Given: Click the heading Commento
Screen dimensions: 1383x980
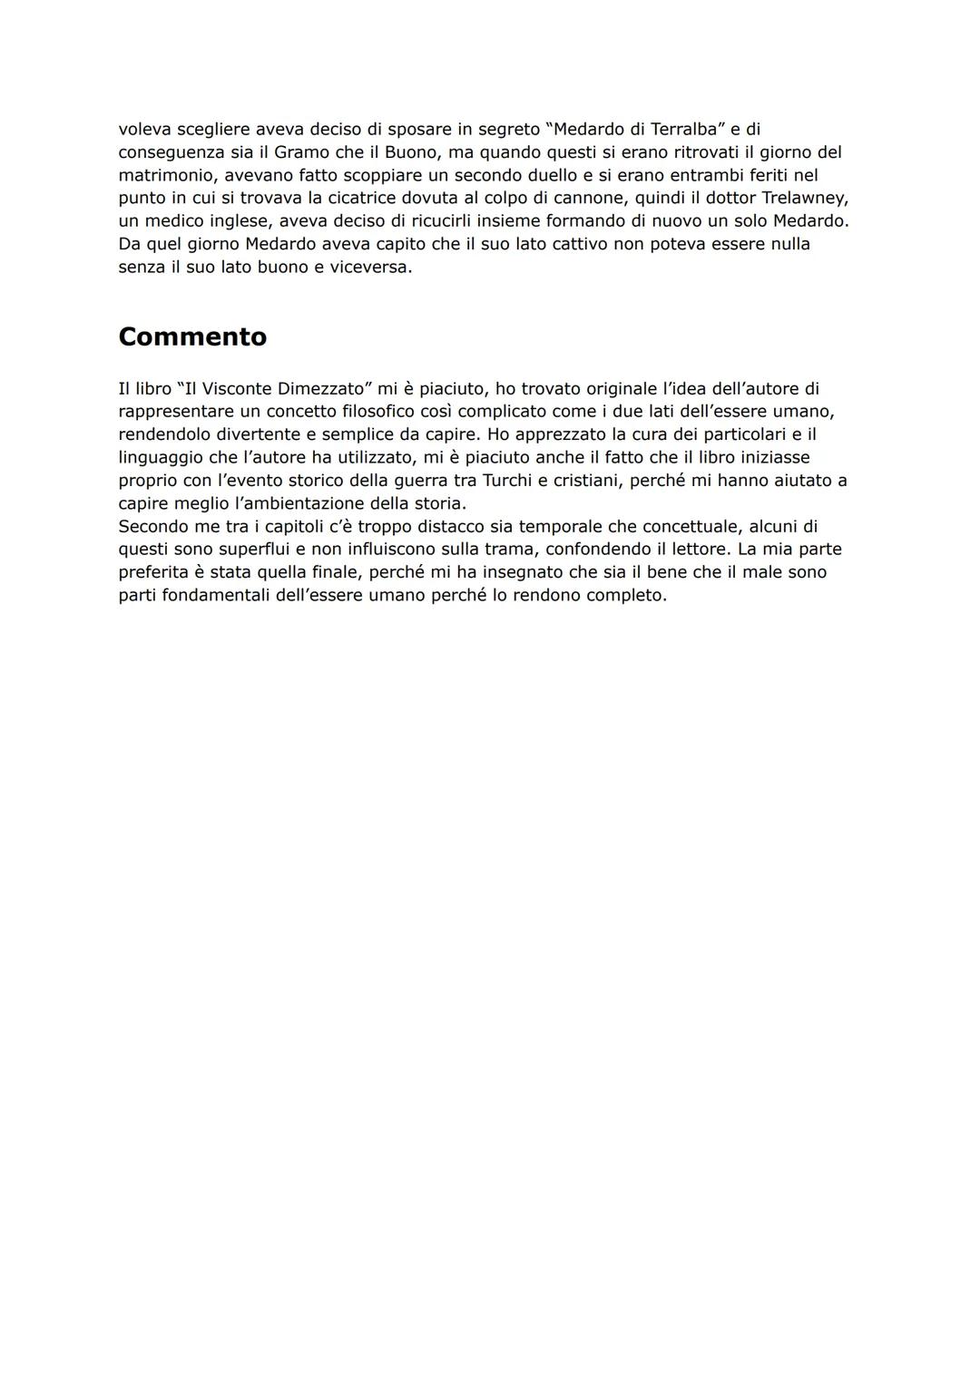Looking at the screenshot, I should point(192,336).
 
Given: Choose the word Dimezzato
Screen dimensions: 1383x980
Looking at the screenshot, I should point(323,389).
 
